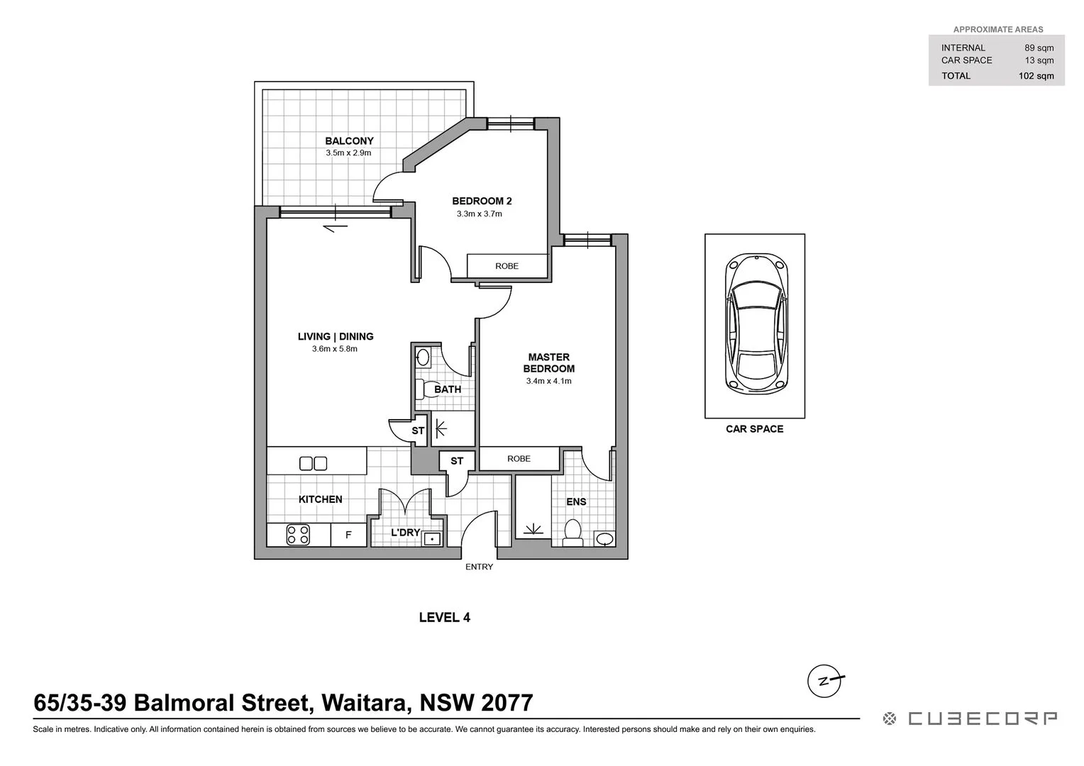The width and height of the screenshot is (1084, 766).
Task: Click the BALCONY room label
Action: [x=349, y=141]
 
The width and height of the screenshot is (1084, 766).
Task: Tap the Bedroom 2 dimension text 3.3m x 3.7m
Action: [x=479, y=213]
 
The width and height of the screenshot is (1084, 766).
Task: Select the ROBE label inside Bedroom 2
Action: [x=507, y=266]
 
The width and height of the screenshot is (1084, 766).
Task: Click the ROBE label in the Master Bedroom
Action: [x=519, y=459]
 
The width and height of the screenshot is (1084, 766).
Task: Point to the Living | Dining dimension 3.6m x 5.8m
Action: [x=334, y=349]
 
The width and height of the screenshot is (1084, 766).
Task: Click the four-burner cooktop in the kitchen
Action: [x=298, y=534]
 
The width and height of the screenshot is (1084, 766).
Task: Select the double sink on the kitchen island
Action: [x=313, y=463]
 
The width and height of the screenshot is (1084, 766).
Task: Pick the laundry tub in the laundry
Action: [x=431, y=539]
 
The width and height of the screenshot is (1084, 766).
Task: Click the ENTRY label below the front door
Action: [x=479, y=567]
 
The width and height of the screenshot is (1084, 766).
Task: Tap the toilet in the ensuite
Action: [x=572, y=533]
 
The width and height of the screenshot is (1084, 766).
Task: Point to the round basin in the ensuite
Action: [x=604, y=540]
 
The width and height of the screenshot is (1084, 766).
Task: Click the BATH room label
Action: [x=448, y=389]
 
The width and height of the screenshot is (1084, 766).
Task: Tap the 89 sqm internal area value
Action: [x=1039, y=48]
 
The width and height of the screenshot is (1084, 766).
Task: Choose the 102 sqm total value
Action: [x=1036, y=76]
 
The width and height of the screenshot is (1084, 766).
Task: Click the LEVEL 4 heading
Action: [x=444, y=617]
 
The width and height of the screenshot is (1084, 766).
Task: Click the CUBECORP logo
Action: [x=970, y=718]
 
